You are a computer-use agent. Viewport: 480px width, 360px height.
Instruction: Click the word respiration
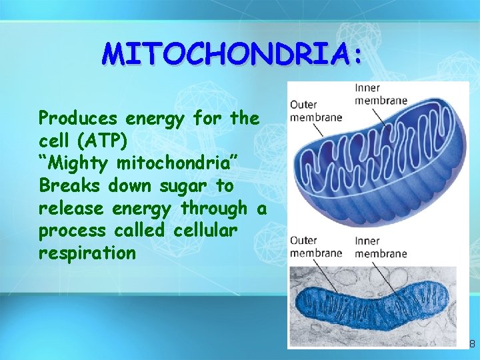[87, 253]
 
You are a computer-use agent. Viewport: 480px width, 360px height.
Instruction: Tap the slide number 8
[472, 344]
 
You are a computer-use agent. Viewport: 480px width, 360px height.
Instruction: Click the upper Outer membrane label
[315, 111]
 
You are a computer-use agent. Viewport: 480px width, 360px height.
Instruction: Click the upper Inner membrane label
[380, 95]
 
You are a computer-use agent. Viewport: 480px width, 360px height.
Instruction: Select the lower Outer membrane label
[315, 247]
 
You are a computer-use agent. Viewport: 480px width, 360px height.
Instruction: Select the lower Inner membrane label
[380, 247]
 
